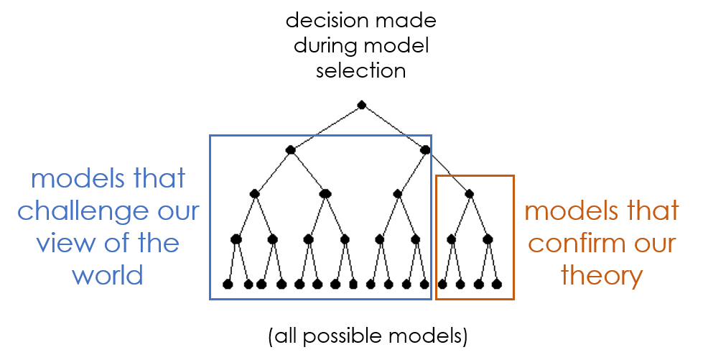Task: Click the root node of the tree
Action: [362, 105]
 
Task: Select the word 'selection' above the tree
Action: [361, 71]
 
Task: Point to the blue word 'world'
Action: [108, 274]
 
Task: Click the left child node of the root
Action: [291, 149]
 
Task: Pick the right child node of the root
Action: [425, 149]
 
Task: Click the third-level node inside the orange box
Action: [470, 194]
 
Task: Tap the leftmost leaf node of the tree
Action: [228, 284]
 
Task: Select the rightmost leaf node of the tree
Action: [497, 284]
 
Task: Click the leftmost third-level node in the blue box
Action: [255, 194]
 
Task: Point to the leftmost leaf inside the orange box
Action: [442, 284]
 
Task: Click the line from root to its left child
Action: [326, 127]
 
